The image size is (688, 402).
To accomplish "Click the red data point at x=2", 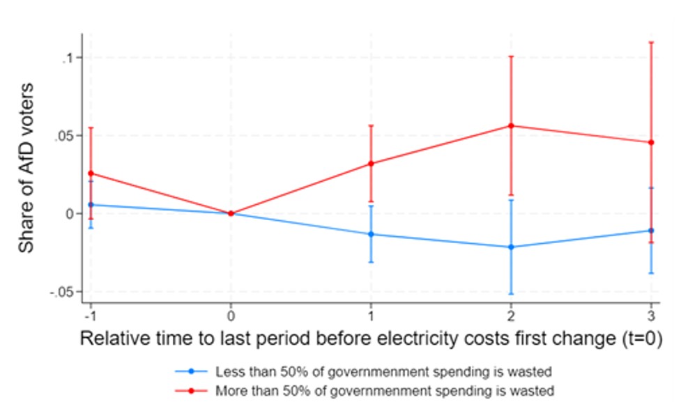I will [511, 125].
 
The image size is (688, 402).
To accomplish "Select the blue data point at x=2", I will [511, 247].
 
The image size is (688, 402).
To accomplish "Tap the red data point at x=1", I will [371, 163].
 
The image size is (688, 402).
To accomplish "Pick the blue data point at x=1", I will [371, 234].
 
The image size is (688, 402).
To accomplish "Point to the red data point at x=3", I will [651, 142].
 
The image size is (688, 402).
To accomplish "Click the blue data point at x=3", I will [651, 230].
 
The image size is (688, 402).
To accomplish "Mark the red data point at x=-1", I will [91, 173].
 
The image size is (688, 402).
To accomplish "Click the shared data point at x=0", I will [231, 213].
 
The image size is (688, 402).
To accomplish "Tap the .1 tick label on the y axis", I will [68, 57].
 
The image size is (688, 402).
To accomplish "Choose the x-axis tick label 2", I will [511, 314].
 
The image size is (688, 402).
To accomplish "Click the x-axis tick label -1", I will [89, 314].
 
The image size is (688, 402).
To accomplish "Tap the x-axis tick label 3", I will [651, 314].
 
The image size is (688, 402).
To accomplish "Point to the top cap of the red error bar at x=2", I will [511, 56].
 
